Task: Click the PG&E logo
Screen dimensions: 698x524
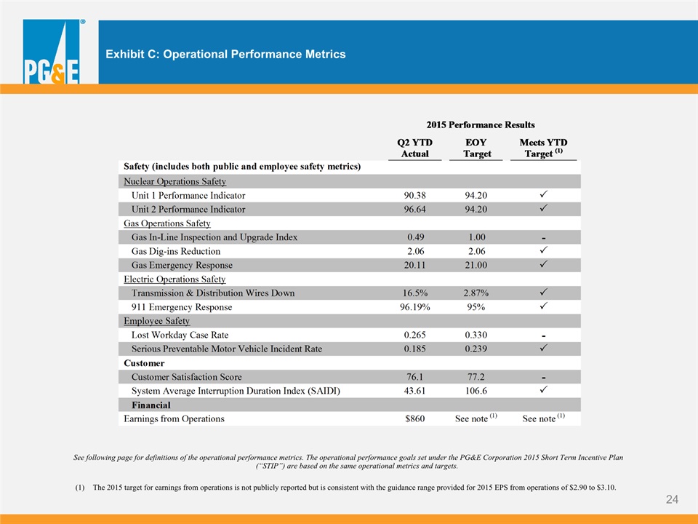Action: pos(52,52)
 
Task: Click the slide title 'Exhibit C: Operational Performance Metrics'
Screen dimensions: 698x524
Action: pos(225,55)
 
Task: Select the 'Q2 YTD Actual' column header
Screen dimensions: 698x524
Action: pos(415,148)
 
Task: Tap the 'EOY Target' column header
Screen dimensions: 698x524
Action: pos(476,148)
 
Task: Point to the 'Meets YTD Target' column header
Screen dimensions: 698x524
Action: pos(543,148)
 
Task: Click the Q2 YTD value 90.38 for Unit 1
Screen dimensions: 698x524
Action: pos(415,196)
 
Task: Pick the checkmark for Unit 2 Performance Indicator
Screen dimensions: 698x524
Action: pos(544,208)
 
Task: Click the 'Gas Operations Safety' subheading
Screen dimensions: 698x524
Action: pos(167,223)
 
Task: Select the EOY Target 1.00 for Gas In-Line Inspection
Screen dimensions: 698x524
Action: pos(476,237)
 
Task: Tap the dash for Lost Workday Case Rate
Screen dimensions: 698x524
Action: pos(544,336)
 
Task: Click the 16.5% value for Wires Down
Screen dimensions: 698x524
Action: pos(415,293)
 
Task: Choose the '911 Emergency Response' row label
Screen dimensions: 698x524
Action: pos(182,307)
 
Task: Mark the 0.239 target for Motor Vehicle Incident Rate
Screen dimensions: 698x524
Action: pos(476,349)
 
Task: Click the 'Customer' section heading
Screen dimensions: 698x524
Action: pos(144,363)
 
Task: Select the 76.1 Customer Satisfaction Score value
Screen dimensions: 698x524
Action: pos(415,377)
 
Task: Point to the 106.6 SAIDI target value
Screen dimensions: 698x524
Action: pos(476,391)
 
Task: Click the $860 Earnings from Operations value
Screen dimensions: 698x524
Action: pos(415,419)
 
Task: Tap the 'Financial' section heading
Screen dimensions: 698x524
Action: pos(151,405)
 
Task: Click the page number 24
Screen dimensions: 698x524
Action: pos(672,499)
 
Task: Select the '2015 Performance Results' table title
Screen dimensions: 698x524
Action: pos(481,124)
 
